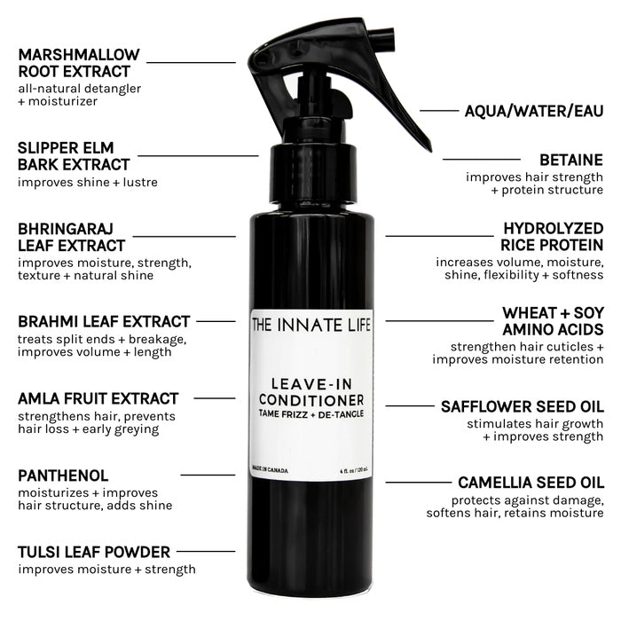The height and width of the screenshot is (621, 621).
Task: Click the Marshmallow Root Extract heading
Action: (75, 63)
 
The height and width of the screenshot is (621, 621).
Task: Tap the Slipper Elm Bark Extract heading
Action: (74, 155)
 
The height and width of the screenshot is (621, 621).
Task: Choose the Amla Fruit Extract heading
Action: (98, 398)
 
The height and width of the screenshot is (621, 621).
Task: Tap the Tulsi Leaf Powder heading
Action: (93, 552)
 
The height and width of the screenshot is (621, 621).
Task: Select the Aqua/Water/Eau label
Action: (533, 111)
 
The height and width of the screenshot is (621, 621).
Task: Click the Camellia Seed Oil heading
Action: (531, 483)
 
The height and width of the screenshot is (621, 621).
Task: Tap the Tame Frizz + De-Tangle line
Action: (310, 413)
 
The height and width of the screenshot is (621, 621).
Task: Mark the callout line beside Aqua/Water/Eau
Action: (438, 111)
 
